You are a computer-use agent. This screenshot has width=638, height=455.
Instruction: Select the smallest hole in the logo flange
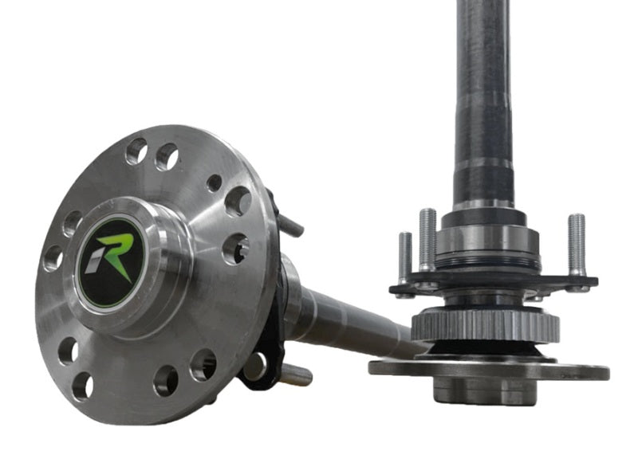tap(214, 182)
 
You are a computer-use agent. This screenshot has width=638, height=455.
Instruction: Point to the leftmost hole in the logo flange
tap(53, 257)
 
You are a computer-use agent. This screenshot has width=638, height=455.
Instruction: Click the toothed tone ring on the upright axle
tap(485, 325)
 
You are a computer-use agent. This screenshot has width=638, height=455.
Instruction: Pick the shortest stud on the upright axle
tap(404, 256)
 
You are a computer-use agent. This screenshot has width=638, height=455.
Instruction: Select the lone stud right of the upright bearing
tap(576, 245)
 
